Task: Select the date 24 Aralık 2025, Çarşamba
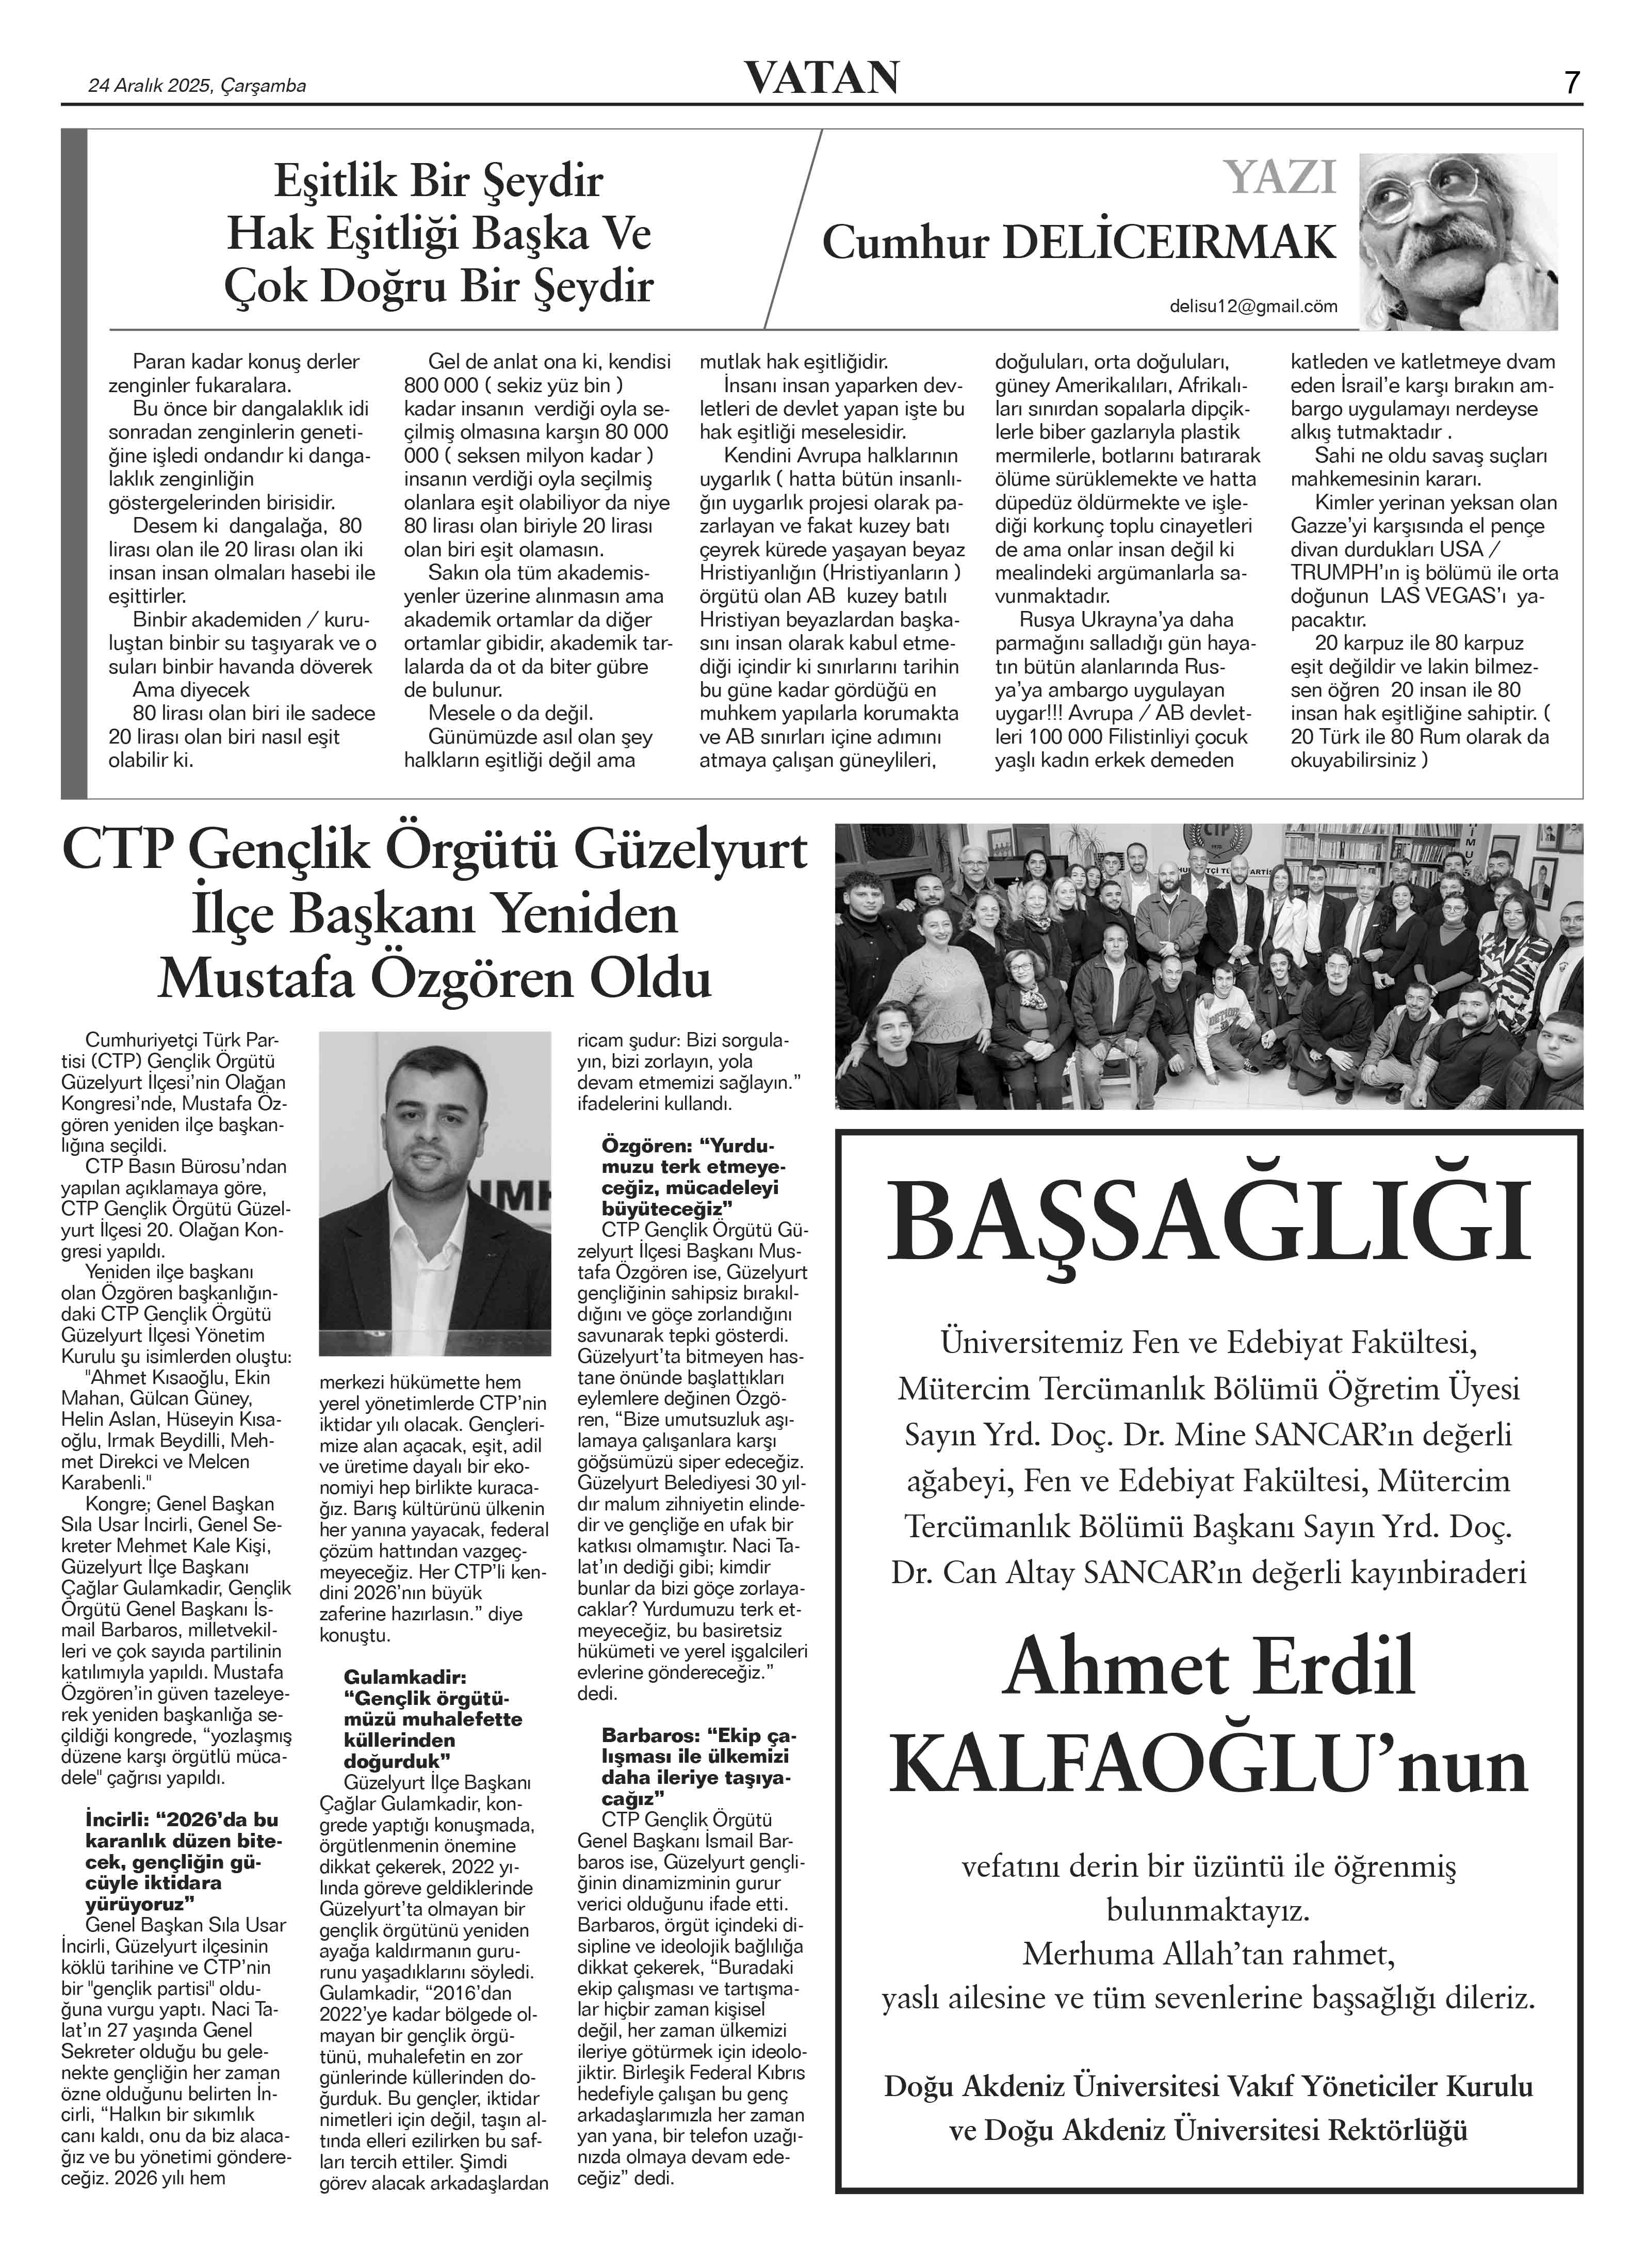point(197,86)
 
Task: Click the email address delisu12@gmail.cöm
point(1253,307)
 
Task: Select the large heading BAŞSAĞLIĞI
point(1208,1221)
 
